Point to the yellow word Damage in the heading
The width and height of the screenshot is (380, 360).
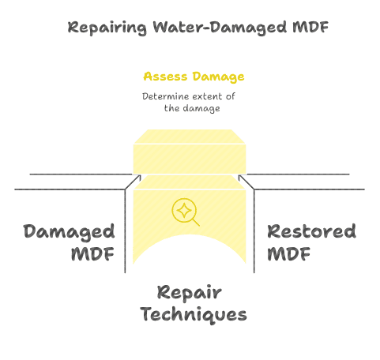click(220, 77)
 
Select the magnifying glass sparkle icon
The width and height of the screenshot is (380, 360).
click(185, 212)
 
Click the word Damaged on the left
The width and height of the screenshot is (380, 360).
click(69, 232)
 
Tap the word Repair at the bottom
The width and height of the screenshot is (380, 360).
click(190, 292)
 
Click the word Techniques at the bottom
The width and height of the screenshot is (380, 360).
click(194, 315)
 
